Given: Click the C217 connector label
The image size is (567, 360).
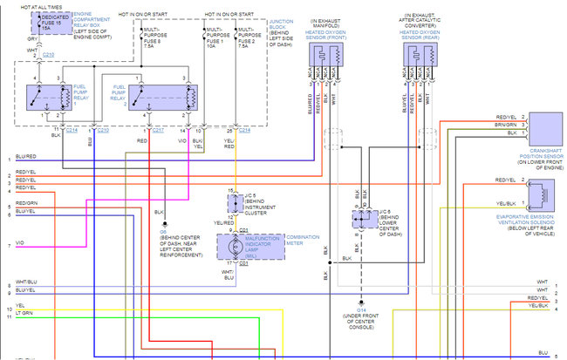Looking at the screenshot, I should pyautogui.click(x=158, y=130).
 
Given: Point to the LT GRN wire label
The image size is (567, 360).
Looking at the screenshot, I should pyautogui.click(x=24, y=312).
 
